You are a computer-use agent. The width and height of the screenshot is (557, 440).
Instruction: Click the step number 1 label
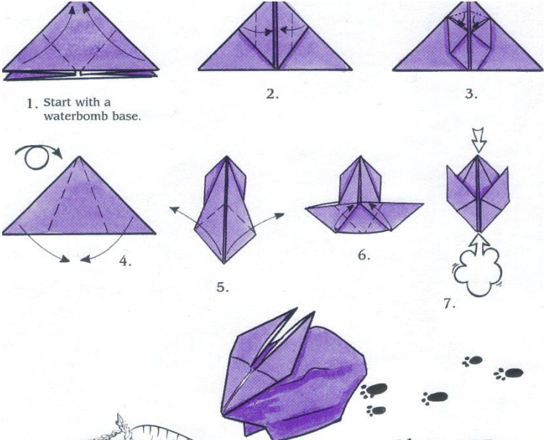(33, 104)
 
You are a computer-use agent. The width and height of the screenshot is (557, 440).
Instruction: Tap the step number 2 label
(272, 94)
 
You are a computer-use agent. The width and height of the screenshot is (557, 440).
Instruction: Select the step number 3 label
(471, 94)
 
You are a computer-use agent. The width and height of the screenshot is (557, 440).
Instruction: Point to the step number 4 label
(125, 261)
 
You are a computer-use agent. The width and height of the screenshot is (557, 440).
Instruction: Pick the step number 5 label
(223, 287)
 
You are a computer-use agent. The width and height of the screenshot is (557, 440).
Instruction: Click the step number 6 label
(364, 255)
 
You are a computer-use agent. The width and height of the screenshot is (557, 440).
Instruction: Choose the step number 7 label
(449, 304)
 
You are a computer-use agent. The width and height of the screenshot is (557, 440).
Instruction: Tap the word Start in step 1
(57, 102)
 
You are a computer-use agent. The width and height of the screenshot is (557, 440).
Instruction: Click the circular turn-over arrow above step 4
(38, 156)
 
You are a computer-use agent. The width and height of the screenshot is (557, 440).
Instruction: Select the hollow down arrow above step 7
(478, 141)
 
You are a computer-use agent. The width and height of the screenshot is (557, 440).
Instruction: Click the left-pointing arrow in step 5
(182, 215)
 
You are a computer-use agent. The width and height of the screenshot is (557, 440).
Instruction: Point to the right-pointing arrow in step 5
(268, 219)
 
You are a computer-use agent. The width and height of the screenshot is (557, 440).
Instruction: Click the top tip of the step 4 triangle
(79, 156)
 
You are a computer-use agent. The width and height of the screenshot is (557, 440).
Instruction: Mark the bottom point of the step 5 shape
(224, 263)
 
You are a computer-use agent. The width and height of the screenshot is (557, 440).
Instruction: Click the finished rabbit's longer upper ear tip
(297, 308)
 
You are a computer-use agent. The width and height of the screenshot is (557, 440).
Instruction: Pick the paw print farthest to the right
(509, 373)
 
